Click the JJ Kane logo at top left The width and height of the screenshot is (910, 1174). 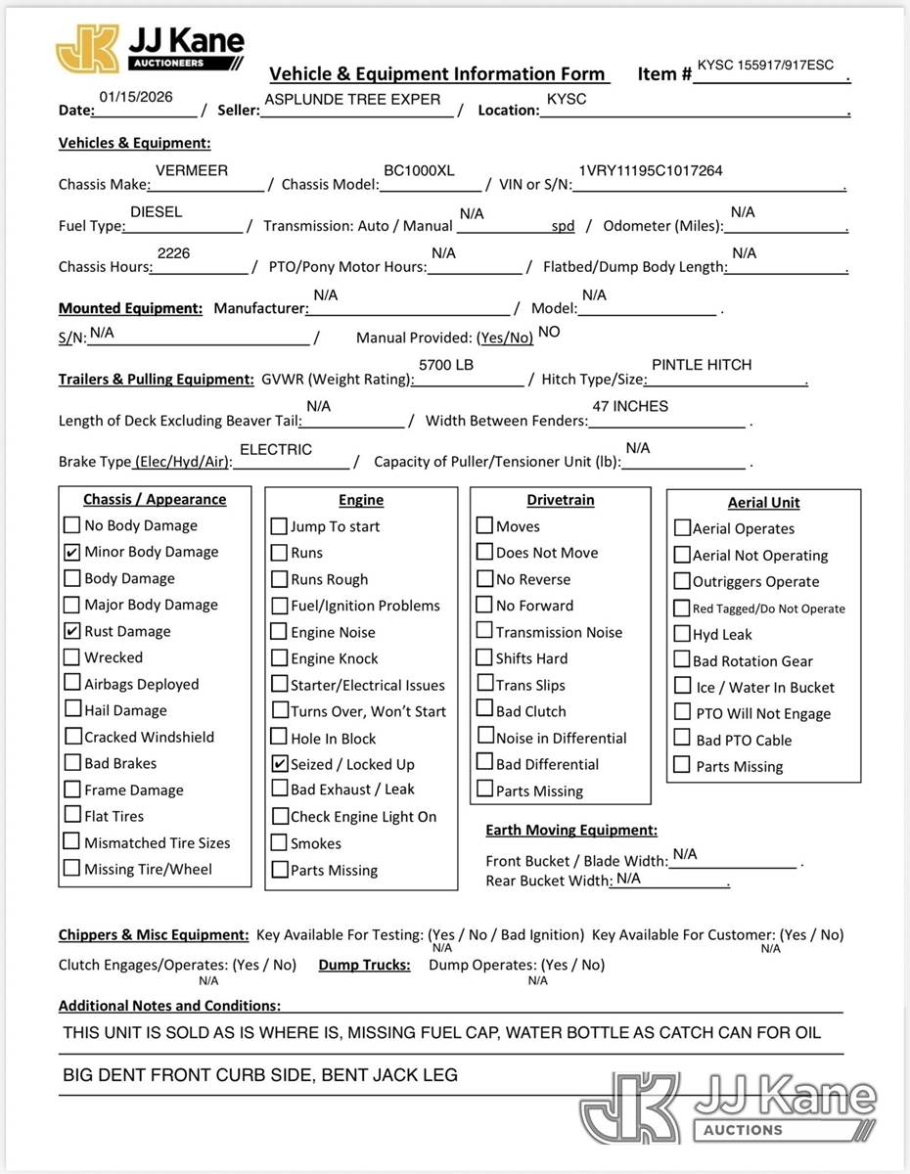tap(149, 49)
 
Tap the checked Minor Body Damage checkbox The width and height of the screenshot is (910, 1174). tap(72, 552)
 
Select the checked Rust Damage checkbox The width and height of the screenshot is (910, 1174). tap(72, 631)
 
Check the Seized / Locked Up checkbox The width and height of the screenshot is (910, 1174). tap(279, 764)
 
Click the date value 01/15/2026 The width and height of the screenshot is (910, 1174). tap(136, 97)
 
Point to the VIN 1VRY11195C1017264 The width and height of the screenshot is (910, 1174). tap(651, 170)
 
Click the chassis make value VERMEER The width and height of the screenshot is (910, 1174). tap(192, 170)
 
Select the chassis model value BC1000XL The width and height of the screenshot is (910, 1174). tap(419, 170)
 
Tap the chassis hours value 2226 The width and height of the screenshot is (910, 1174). tap(173, 253)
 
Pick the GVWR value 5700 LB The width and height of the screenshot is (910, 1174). tap(446, 365)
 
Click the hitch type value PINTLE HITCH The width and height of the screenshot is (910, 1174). tap(702, 365)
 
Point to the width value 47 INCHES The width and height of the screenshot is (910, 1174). tap(630, 406)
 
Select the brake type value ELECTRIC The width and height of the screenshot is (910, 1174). tap(276, 449)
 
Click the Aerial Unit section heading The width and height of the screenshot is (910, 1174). tap(763, 503)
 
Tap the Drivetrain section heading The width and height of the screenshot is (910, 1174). tap(560, 500)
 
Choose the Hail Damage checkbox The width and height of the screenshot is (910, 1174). tap(72, 710)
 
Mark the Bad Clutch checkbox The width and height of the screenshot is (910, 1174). tap(484, 711)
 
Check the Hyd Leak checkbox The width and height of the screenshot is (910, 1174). tap(682, 634)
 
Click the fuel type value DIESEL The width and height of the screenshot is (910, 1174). tap(156, 211)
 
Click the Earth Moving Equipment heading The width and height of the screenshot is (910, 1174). tap(571, 830)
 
